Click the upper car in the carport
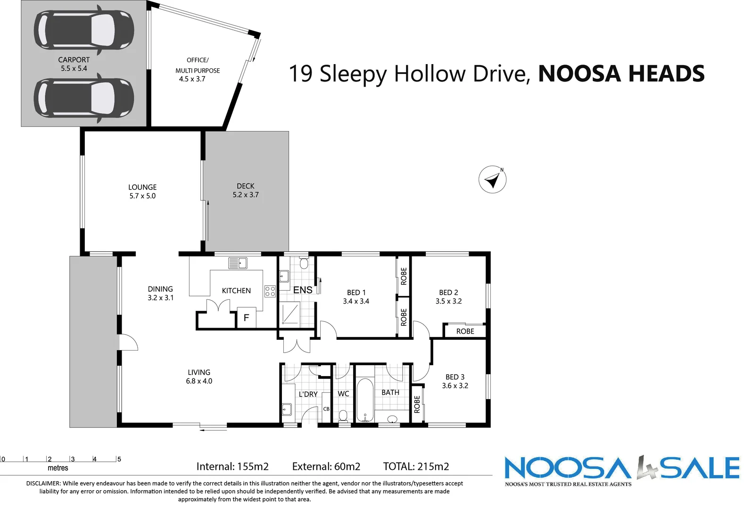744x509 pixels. pyautogui.click(x=84, y=30)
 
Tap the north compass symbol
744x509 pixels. pyautogui.click(x=492, y=180)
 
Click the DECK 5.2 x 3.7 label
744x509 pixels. pyautogui.click(x=246, y=190)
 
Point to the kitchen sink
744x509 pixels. pyautogui.click(x=238, y=263)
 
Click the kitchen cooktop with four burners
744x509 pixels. pyautogui.click(x=270, y=291)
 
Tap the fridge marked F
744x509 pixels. pyautogui.click(x=246, y=318)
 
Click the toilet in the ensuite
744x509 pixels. pyautogui.click(x=304, y=263)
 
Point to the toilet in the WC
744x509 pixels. pyautogui.click(x=343, y=415)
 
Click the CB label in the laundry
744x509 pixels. pyautogui.click(x=326, y=409)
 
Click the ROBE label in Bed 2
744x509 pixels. pyautogui.click(x=465, y=331)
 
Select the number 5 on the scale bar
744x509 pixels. pyautogui.click(x=119, y=459)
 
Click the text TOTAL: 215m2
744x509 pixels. pyautogui.click(x=416, y=467)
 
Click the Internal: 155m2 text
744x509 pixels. pyautogui.click(x=232, y=467)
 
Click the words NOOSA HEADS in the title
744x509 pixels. pyautogui.click(x=621, y=74)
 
